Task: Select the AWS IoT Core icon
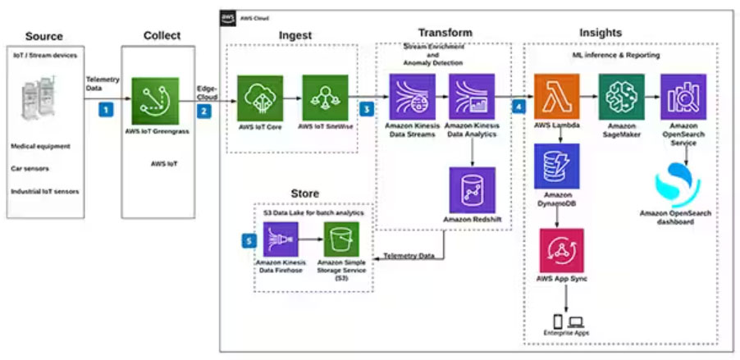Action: click(260, 98)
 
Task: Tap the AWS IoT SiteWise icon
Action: click(323, 98)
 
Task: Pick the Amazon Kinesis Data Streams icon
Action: click(412, 96)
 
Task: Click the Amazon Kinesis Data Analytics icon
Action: click(472, 96)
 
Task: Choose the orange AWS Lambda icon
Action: click(556, 96)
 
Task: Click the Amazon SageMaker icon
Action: click(621, 96)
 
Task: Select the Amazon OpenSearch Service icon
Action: click(683, 96)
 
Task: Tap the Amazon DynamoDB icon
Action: click(556, 166)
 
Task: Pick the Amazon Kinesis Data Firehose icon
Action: click(281, 239)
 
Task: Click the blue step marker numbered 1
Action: click(104, 108)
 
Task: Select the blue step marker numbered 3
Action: click(367, 108)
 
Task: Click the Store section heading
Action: click(304, 194)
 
